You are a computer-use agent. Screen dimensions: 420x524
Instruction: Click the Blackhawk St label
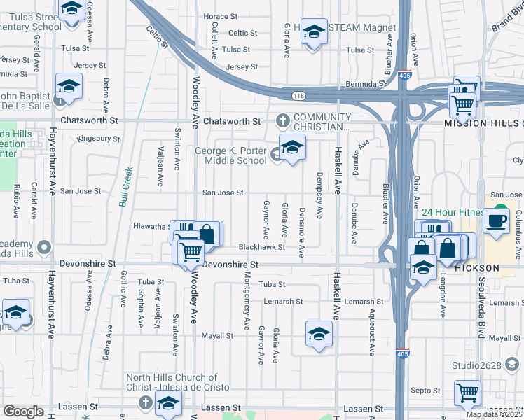(261, 247)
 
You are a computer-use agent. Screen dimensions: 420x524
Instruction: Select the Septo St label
(425, 391)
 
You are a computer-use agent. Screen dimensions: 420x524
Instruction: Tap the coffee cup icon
(498, 219)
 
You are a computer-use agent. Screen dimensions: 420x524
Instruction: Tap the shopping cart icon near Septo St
(467, 393)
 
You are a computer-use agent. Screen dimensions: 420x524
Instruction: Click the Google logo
(24, 412)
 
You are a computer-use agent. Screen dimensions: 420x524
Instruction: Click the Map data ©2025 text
(495, 414)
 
